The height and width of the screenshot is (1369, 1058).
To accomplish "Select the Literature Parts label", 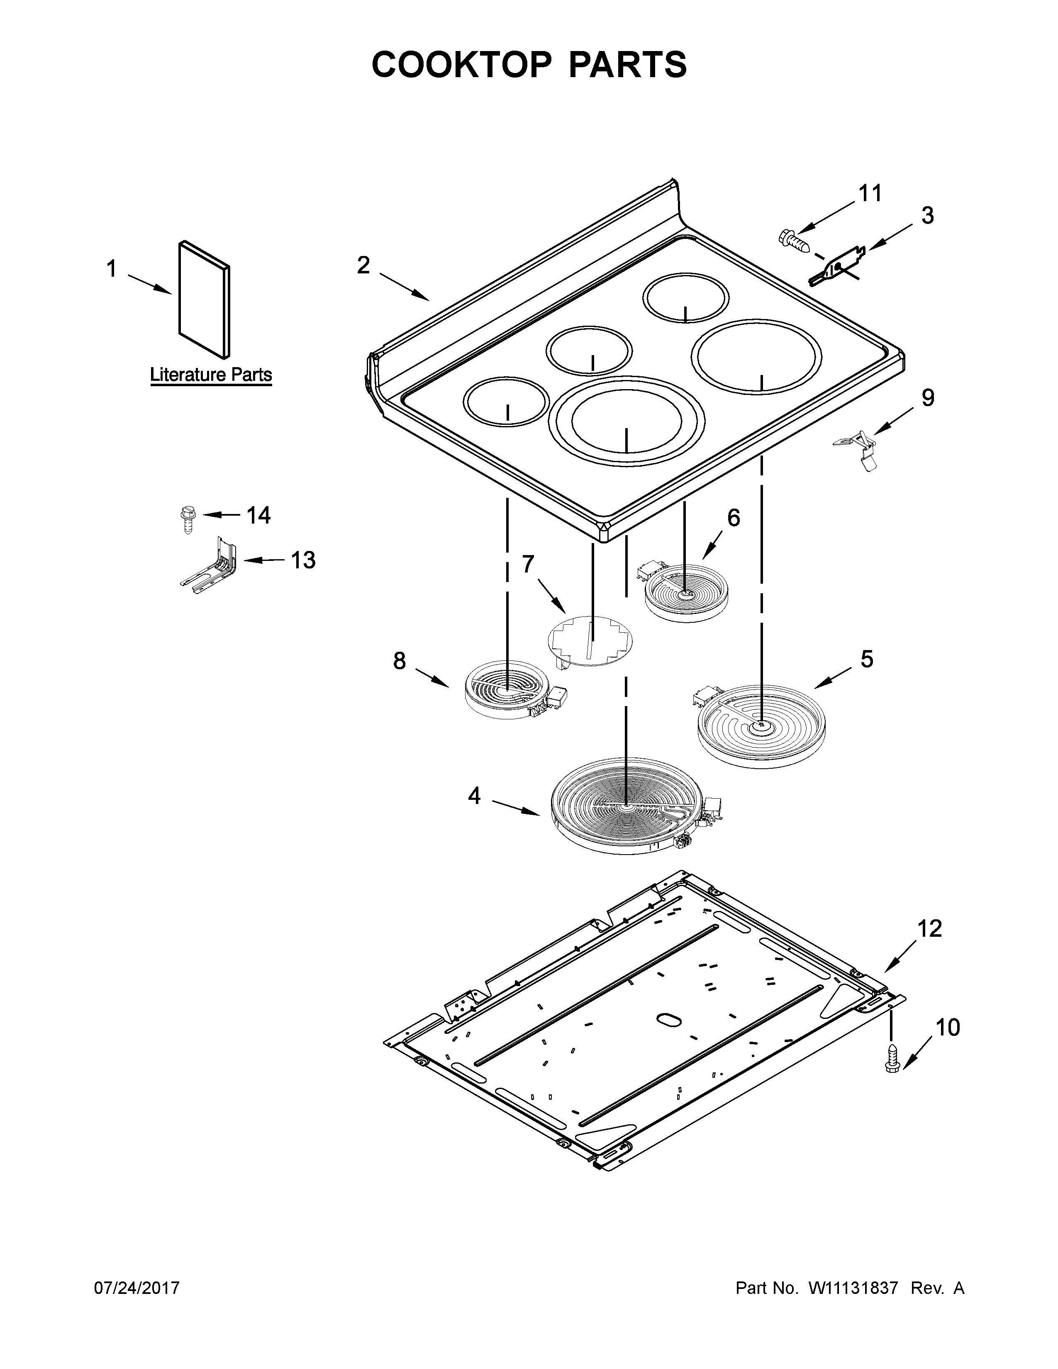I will click(211, 375).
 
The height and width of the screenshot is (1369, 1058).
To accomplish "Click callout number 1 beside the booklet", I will click(111, 270).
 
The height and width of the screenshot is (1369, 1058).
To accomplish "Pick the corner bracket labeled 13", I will click(211, 562).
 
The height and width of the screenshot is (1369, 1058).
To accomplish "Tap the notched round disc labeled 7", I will click(590, 640).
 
